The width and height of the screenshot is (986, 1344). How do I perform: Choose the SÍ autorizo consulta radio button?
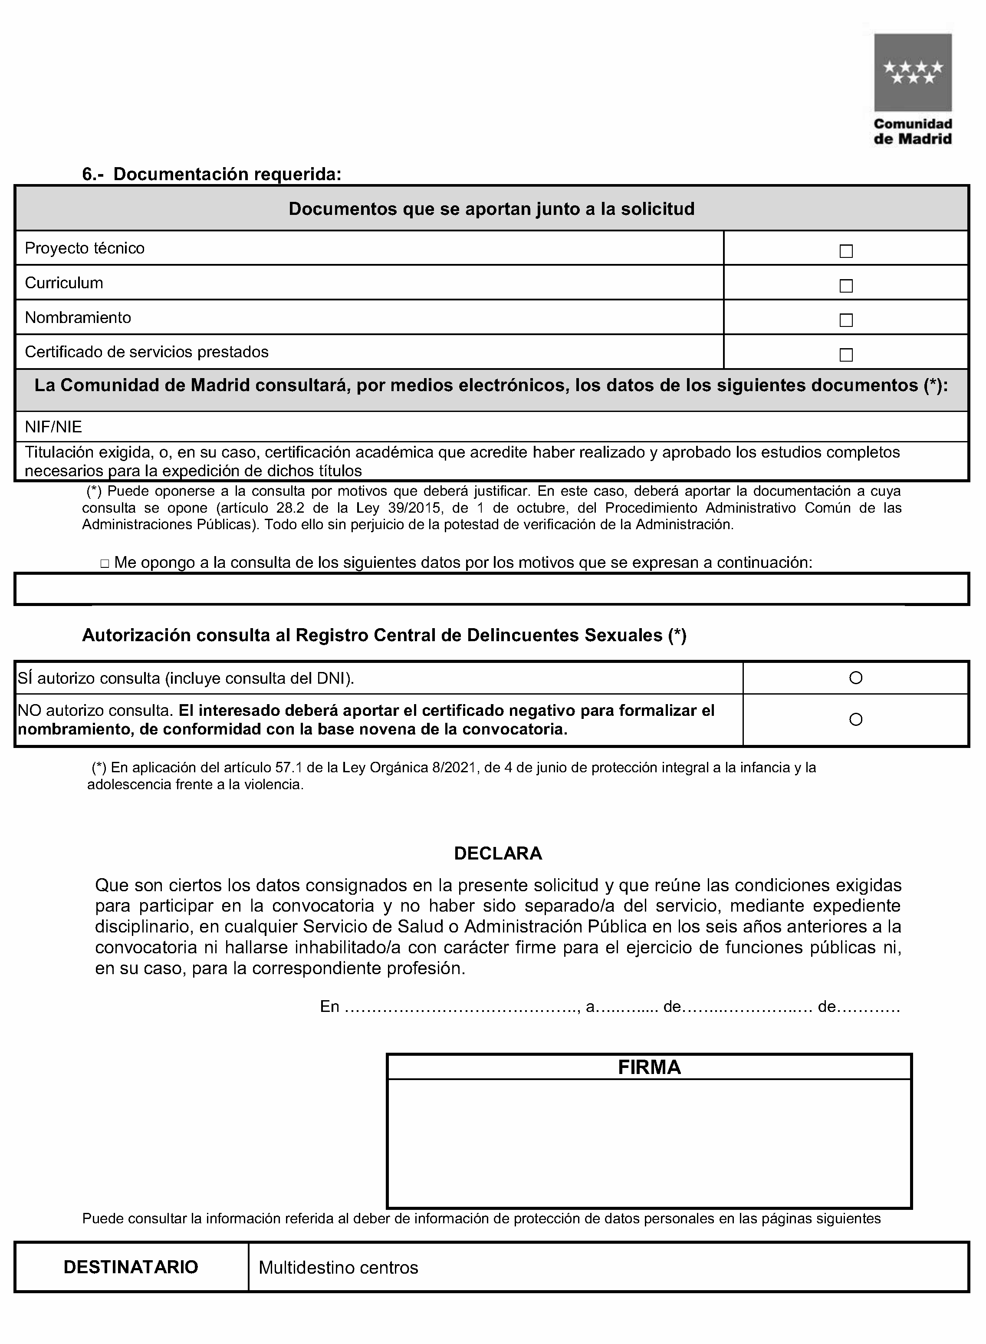point(855,678)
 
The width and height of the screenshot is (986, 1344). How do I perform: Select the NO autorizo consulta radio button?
point(855,719)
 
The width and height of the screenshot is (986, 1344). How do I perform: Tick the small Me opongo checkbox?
point(105,563)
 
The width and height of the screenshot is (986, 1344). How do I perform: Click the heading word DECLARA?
point(498,853)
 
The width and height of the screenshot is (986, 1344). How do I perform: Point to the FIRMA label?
point(649,1067)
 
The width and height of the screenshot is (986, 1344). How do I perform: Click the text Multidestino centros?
point(338,1268)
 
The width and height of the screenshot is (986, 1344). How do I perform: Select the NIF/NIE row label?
point(53,427)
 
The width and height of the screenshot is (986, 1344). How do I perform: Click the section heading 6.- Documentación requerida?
point(212,175)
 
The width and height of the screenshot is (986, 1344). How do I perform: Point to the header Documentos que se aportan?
point(491,209)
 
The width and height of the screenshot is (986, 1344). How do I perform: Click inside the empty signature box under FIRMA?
point(649,1142)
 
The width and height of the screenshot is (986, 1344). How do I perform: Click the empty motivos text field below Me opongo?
point(491,590)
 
